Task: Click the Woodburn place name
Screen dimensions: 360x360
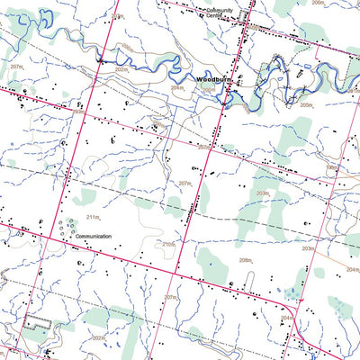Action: tap(211, 80)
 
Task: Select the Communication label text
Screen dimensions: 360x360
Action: tap(93, 237)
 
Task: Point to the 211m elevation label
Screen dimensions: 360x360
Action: tap(93, 217)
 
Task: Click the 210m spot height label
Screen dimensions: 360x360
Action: tap(167, 244)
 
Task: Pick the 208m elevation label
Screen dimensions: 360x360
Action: tap(245, 259)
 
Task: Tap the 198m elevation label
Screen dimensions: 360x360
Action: tap(332, 167)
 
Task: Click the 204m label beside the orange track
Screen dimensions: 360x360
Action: tap(351, 269)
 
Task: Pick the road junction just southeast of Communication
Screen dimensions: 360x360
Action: tap(175, 271)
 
